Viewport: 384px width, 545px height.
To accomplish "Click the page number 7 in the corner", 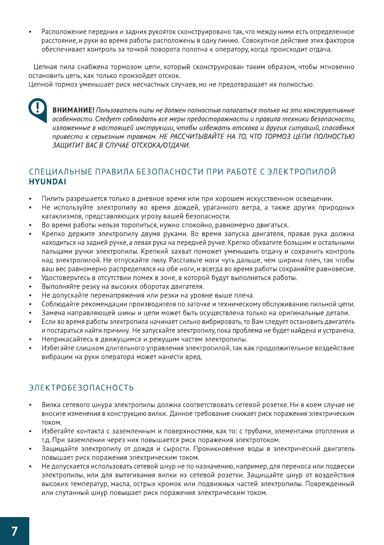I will (x=14, y=531).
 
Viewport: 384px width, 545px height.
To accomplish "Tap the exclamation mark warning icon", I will (x=38, y=108).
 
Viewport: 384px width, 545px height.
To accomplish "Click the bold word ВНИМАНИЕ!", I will (x=74, y=110).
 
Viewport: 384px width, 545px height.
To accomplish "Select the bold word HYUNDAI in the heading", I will (x=47, y=181).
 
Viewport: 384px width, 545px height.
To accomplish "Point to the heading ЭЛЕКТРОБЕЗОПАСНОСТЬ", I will (x=81, y=388).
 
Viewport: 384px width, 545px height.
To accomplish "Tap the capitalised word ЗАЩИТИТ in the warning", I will (x=68, y=146).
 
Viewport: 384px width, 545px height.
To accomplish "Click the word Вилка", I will (x=50, y=405).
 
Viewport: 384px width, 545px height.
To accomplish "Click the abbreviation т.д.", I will (x=46, y=440).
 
